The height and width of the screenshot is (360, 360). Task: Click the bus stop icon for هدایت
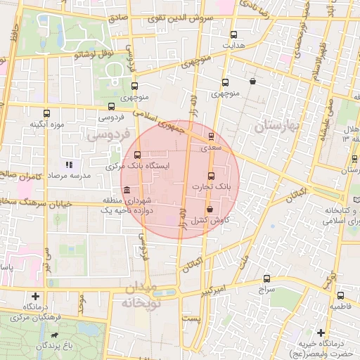pos(233,34)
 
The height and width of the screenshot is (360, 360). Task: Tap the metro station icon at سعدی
pos(211,136)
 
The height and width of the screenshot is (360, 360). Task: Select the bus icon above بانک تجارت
pos(211,175)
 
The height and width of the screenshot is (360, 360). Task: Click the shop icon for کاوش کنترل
pos(210,209)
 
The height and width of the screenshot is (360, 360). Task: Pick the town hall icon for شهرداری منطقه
pos(126,191)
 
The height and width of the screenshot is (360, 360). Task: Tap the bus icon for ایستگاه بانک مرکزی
pos(136,155)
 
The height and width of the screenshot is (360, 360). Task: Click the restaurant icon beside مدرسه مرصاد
pos(69,164)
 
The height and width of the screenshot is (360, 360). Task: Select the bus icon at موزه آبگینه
pos(47,112)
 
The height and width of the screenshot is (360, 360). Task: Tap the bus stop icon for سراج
pos(266,278)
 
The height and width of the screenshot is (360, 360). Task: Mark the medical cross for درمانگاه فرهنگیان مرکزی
pos(35,296)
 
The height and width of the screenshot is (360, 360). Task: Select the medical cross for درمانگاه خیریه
pos(321,332)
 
